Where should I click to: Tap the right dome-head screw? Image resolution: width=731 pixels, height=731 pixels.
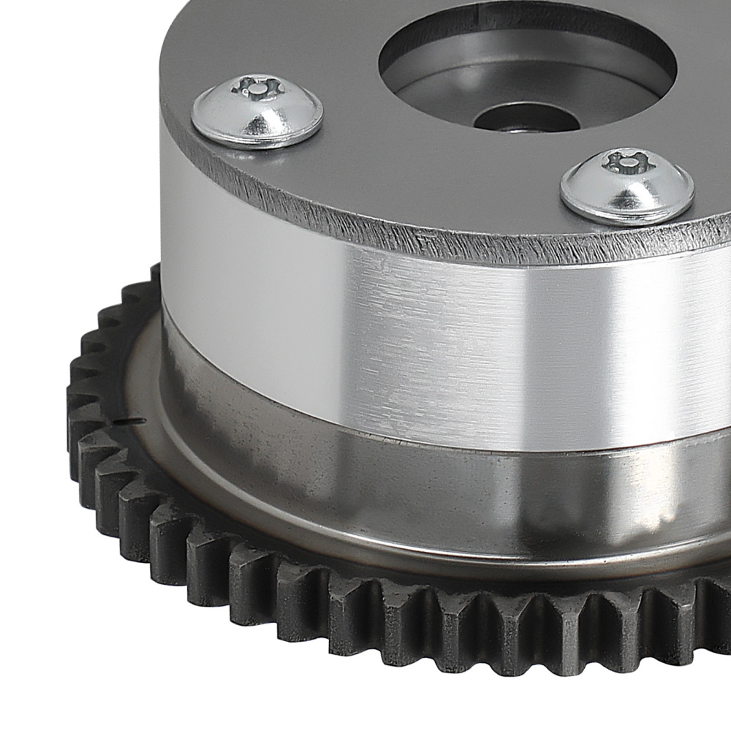627,186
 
